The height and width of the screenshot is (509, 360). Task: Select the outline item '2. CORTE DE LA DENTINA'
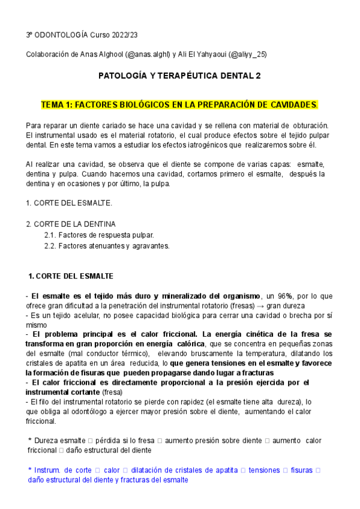coord(71,224)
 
